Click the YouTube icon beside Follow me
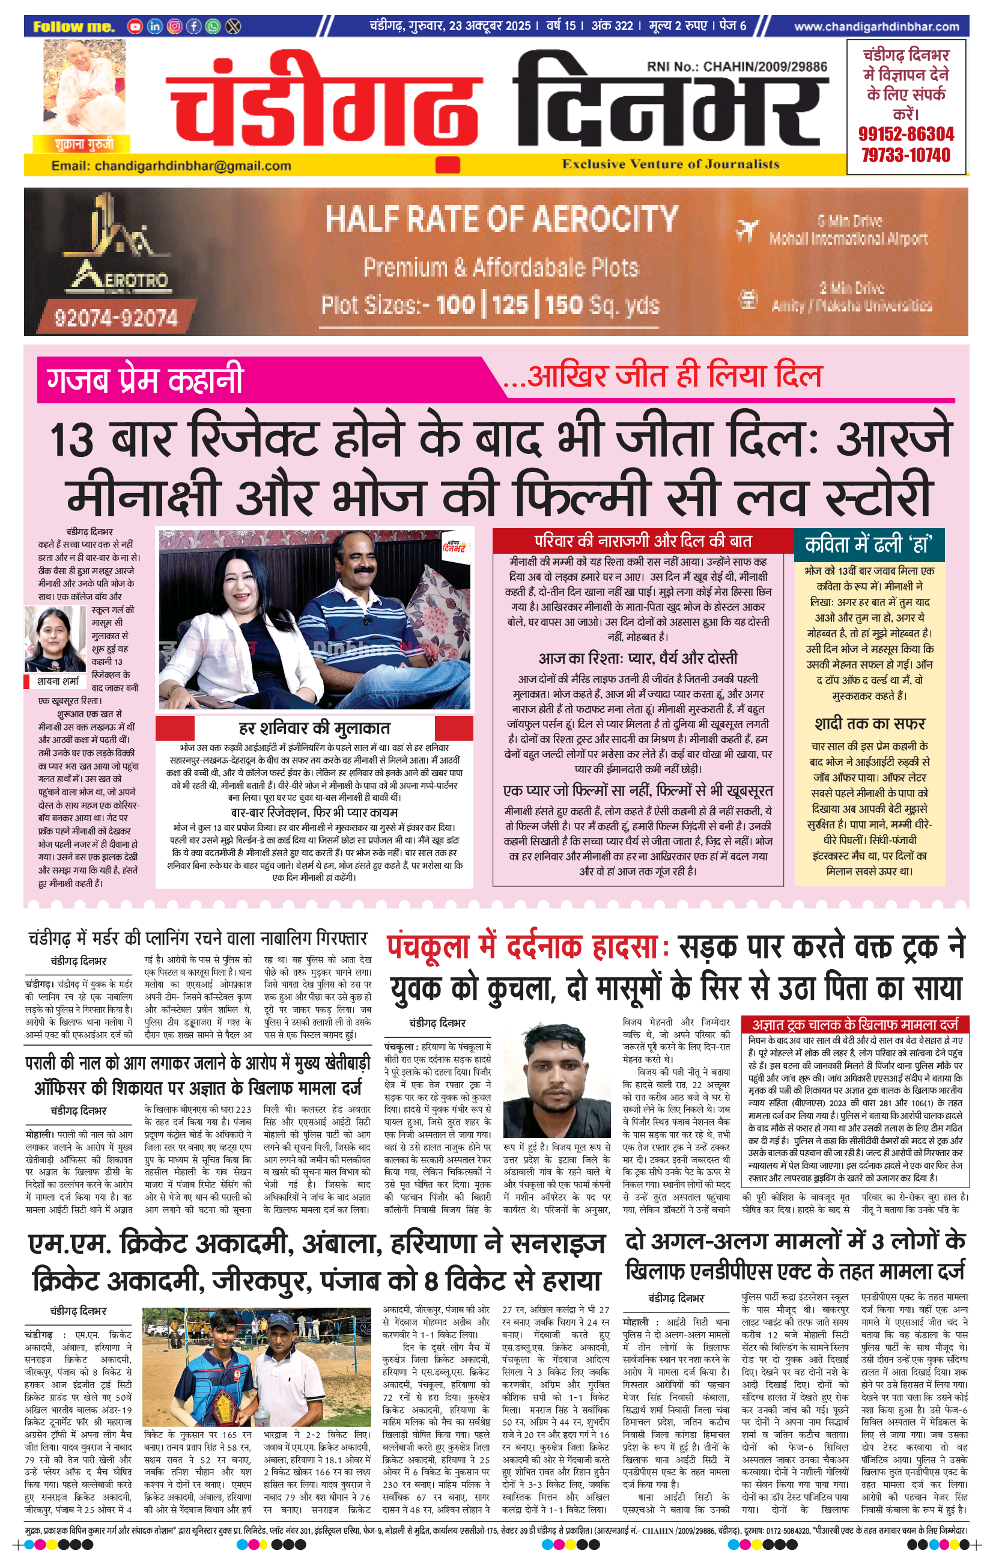(x=135, y=26)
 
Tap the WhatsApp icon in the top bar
(x=213, y=26)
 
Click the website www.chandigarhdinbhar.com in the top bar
(x=876, y=26)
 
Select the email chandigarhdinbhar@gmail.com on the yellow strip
(x=171, y=166)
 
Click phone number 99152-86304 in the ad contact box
(x=906, y=135)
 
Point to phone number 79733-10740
(x=906, y=155)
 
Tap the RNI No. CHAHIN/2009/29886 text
(x=736, y=66)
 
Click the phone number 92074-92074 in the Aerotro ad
(x=115, y=317)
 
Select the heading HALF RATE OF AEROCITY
(x=502, y=219)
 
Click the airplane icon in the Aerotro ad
(x=747, y=230)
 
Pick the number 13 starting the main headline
(x=72, y=440)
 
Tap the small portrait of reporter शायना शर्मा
(x=55, y=640)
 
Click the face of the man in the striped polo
(x=359, y=572)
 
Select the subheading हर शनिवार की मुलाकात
(x=314, y=728)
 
